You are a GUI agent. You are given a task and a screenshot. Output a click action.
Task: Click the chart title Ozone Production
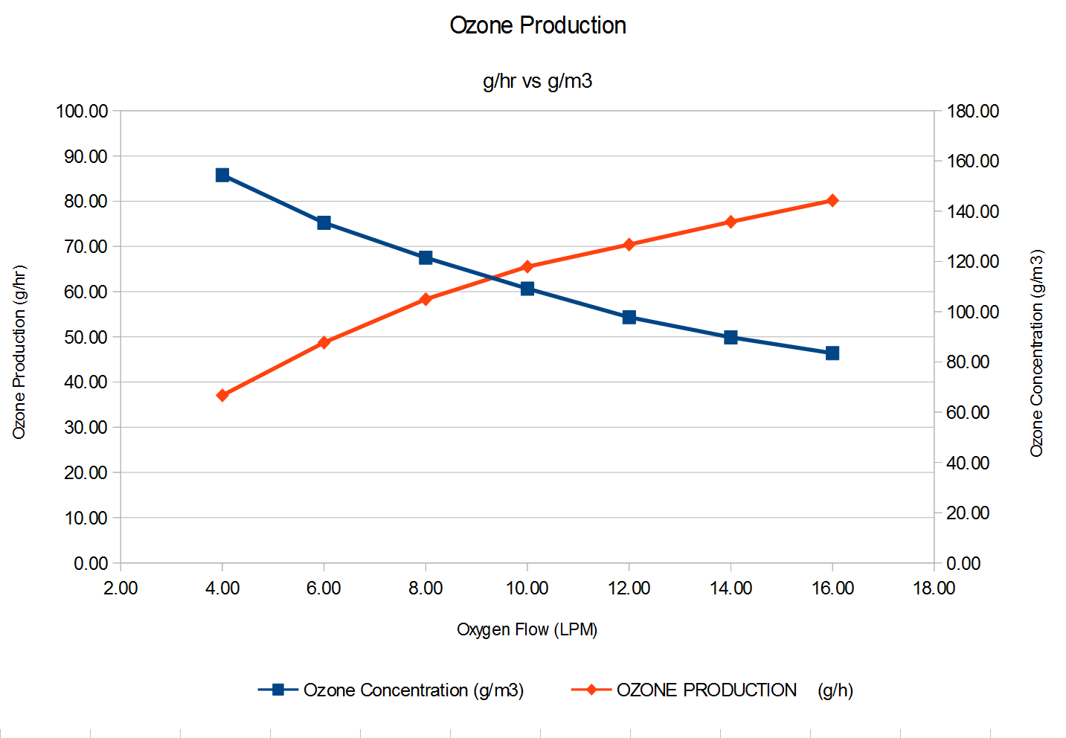(x=537, y=25)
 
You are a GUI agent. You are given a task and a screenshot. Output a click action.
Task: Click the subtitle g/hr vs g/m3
(x=537, y=81)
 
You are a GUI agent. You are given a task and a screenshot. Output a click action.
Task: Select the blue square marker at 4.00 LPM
(x=222, y=175)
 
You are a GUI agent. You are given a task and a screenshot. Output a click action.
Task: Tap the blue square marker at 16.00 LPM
(x=832, y=353)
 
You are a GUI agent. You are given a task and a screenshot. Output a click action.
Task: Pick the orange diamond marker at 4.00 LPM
(x=222, y=395)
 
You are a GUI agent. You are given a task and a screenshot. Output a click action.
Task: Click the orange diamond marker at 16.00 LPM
(x=832, y=201)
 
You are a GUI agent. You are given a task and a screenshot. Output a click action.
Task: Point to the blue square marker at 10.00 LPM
(x=527, y=289)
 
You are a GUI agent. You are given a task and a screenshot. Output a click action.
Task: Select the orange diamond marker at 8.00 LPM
(x=426, y=300)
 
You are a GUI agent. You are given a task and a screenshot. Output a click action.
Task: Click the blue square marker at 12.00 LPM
(x=629, y=318)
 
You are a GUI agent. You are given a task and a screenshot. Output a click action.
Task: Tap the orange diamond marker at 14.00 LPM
(x=731, y=222)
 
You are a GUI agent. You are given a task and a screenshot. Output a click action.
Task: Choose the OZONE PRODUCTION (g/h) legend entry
(x=733, y=690)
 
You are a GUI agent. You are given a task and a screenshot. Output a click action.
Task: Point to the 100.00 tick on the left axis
(x=83, y=112)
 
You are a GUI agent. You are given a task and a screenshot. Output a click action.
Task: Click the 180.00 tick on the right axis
(x=972, y=112)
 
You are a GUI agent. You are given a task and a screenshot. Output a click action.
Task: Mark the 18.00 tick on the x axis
(x=934, y=588)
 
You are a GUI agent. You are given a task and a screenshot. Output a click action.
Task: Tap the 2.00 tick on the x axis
(x=121, y=588)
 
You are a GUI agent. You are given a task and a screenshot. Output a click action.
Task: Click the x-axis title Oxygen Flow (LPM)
(x=527, y=630)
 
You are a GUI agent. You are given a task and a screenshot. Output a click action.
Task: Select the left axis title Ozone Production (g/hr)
(x=19, y=352)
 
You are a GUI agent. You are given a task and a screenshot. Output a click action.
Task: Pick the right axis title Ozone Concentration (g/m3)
(x=1037, y=353)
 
